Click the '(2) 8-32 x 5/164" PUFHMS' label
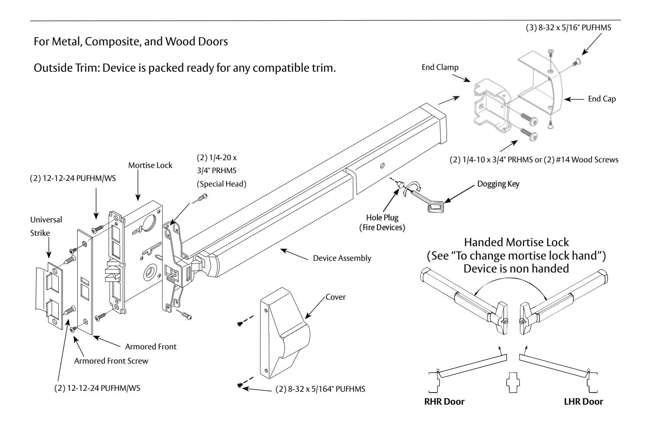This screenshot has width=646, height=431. [320, 389]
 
